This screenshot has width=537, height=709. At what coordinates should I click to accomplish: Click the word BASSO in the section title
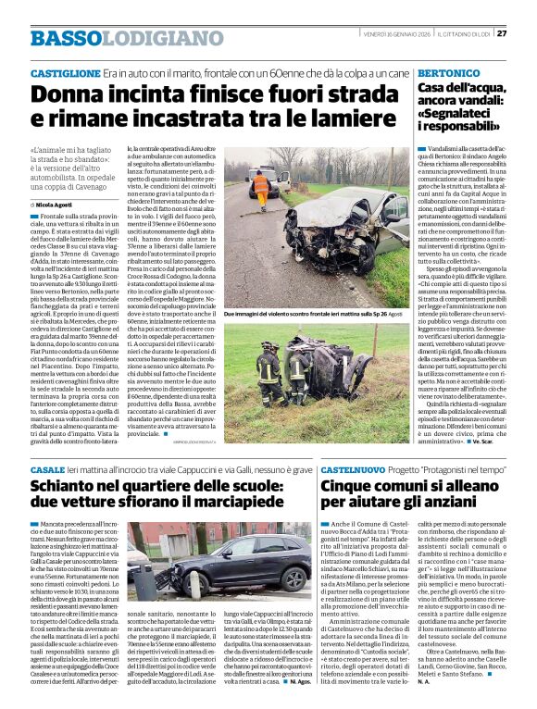64,38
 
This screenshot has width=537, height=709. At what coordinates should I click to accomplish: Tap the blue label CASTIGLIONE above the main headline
65,71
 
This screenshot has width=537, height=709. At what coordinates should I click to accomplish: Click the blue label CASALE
48,471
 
